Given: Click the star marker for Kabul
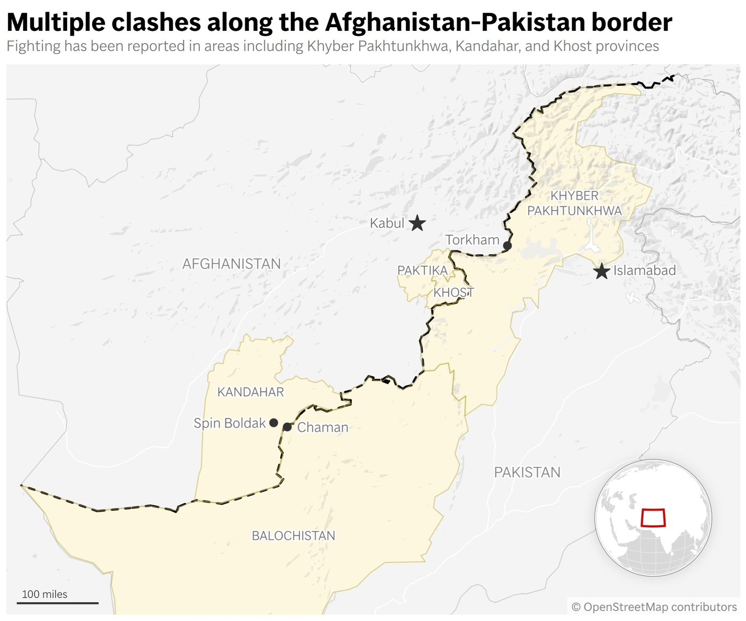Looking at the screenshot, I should [417, 223].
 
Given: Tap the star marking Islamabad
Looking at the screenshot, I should [602, 271].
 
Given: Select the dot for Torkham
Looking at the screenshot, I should [507, 246].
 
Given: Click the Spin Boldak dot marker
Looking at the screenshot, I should [273, 423].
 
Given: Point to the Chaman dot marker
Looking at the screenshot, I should [287, 427].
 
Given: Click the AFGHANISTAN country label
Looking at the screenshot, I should [231, 264].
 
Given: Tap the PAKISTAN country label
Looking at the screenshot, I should [527, 472].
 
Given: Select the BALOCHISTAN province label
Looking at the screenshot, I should [294, 536].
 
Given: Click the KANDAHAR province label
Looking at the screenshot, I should [250, 392].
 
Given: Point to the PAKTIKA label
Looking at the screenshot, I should [423, 271].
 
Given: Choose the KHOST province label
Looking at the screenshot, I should [453, 293].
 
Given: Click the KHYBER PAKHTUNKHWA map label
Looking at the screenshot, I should [574, 203].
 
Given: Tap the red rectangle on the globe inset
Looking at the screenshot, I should [653, 518].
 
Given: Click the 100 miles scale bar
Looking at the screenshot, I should [58, 603].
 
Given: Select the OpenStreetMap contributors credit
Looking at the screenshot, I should [654, 607].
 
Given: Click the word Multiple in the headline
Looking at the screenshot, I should [56, 22].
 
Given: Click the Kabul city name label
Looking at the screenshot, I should [387, 223].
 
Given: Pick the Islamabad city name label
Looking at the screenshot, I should [644, 271].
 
